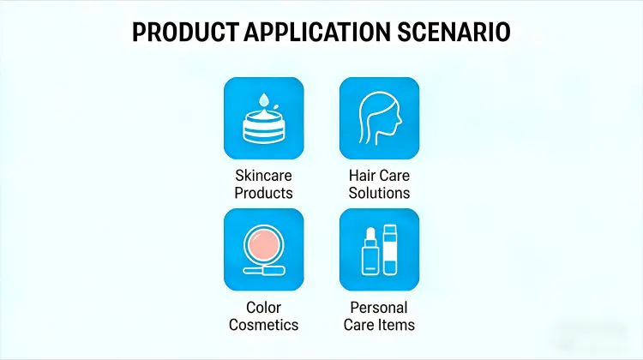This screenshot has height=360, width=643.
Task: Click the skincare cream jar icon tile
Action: (x=263, y=117)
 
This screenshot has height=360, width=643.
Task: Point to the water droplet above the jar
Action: (x=262, y=96)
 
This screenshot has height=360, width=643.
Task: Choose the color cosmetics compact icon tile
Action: (x=263, y=249)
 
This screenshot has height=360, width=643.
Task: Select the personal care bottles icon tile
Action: (x=379, y=249)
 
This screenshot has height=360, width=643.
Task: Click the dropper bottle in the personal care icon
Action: (x=369, y=253)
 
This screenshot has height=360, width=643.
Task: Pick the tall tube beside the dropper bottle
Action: (x=390, y=249)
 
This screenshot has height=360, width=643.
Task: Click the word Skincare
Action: (x=263, y=177)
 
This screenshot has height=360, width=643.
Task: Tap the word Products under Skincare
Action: (x=263, y=193)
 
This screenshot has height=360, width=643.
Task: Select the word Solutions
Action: (x=379, y=193)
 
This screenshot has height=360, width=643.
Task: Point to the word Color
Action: (x=263, y=308)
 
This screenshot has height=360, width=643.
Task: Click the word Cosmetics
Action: (x=263, y=325)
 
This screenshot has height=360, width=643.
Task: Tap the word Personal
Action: (x=379, y=308)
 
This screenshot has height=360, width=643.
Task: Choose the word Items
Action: (x=398, y=325)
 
